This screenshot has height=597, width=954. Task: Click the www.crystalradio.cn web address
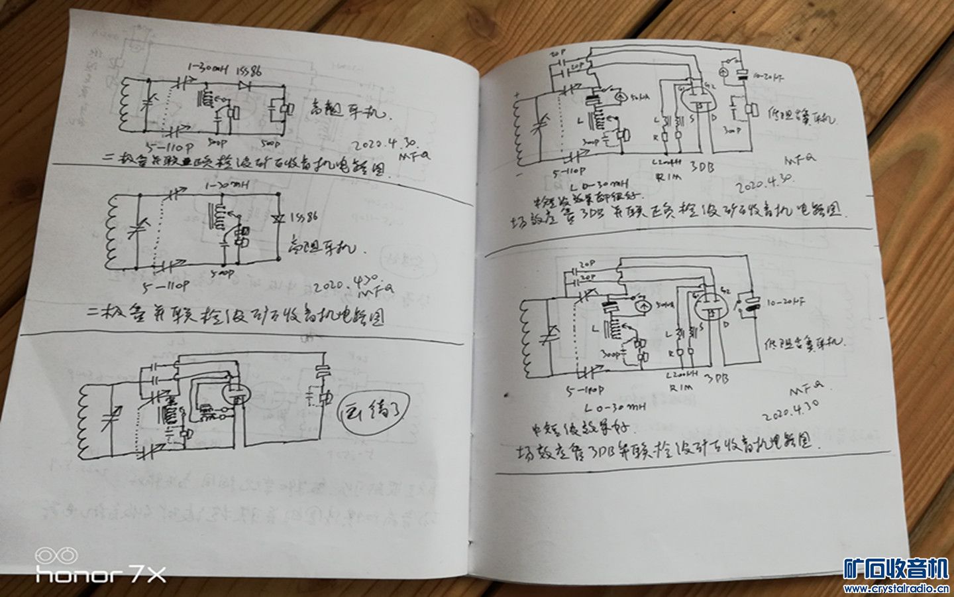pos(896,588)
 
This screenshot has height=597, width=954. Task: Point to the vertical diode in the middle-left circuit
pos(279,217)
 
